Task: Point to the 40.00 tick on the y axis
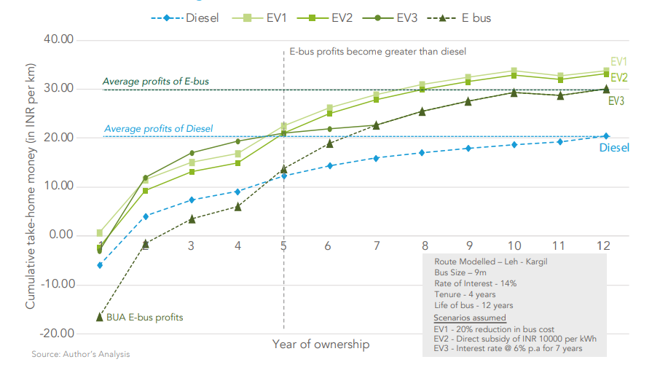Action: click(58, 39)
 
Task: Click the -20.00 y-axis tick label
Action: click(57, 333)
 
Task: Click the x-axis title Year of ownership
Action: click(321, 344)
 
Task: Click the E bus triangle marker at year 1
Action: click(99, 317)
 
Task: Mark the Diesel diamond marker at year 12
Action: click(606, 136)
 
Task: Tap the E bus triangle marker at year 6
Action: click(329, 143)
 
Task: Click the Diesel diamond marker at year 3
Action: click(192, 200)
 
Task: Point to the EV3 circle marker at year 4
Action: click(237, 141)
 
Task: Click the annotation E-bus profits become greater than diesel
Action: click(377, 52)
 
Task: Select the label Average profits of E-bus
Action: click(155, 82)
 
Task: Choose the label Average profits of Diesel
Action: click(158, 129)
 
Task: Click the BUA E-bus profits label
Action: click(144, 318)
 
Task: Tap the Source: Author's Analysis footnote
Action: click(81, 355)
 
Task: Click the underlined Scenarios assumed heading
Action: click(469, 318)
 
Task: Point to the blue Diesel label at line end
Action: click(614, 148)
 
